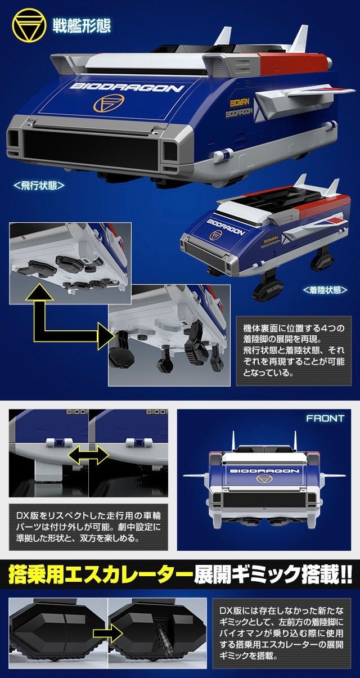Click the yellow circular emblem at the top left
(29, 25)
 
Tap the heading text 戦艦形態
(82, 26)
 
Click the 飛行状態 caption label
(39, 185)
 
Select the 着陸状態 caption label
(325, 290)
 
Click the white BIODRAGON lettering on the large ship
(127, 87)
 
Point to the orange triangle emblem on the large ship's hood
(109, 102)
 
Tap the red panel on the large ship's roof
(292, 61)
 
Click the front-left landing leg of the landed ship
(268, 285)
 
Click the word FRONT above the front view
(325, 418)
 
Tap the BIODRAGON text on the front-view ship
(264, 471)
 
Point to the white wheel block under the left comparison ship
(48, 471)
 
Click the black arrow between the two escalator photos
(107, 633)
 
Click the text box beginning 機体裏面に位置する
(294, 351)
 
